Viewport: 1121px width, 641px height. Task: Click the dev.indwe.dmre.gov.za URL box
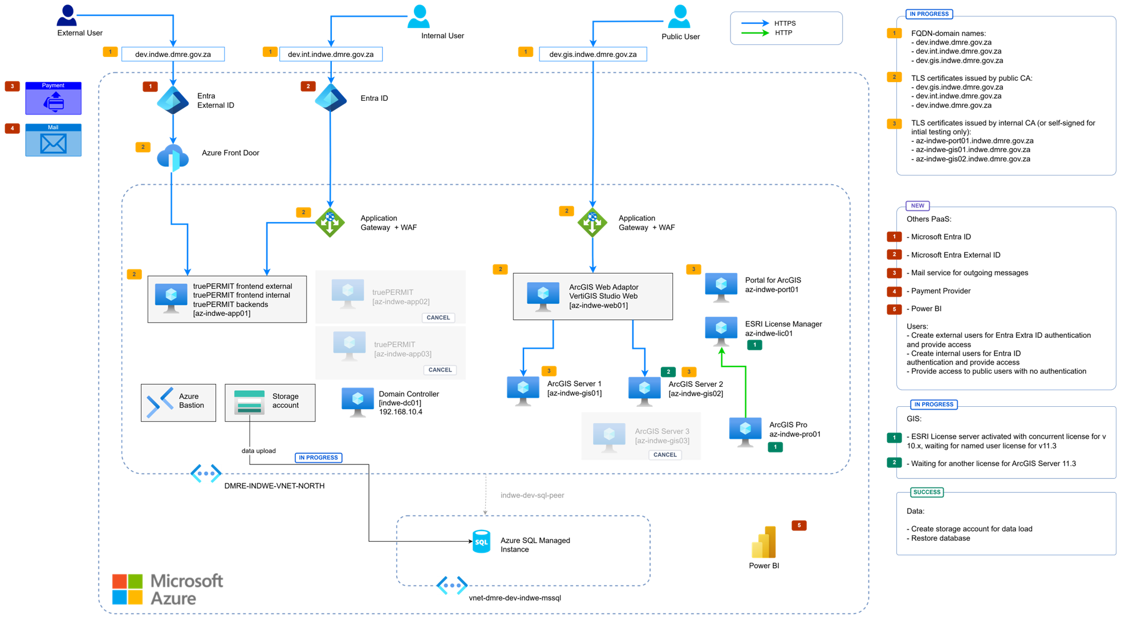[173, 54]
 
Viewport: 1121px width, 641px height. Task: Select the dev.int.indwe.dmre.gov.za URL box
[331, 54]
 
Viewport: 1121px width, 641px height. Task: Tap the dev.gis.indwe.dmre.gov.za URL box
[593, 54]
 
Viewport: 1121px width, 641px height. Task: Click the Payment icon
[54, 102]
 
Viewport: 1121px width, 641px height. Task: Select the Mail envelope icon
[54, 143]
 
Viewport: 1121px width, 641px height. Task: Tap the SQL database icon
[481, 541]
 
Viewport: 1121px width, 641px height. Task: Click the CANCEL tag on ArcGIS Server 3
[665, 455]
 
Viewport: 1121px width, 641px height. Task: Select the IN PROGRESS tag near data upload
[318, 458]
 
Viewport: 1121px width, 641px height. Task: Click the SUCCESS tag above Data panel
[927, 492]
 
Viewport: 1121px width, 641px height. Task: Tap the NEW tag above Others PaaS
[917, 206]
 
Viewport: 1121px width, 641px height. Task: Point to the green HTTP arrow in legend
[755, 33]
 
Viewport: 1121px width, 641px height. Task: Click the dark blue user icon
[67, 15]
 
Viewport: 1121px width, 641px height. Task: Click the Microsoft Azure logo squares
[127, 589]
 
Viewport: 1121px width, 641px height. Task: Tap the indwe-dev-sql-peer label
[532, 495]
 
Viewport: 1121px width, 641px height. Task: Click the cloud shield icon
[173, 158]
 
